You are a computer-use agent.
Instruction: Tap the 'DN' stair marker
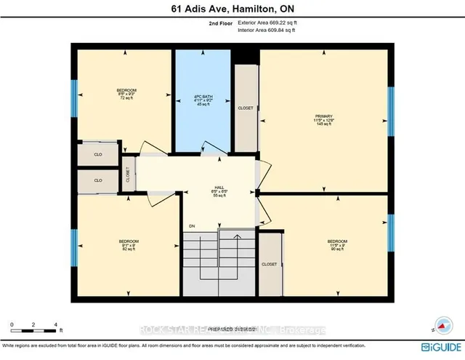pyautogui.click(x=193, y=226)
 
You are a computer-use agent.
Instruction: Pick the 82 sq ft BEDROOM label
pyautogui.click(x=129, y=244)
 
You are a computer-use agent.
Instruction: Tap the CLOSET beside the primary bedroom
pyautogui.click(x=246, y=108)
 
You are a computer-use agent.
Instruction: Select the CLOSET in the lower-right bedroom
pyautogui.click(x=269, y=264)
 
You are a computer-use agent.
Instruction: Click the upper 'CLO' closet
pyautogui.click(x=97, y=154)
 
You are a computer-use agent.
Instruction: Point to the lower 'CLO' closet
pyautogui.click(x=97, y=180)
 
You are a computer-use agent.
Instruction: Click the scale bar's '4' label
pyautogui.click(x=56, y=324)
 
